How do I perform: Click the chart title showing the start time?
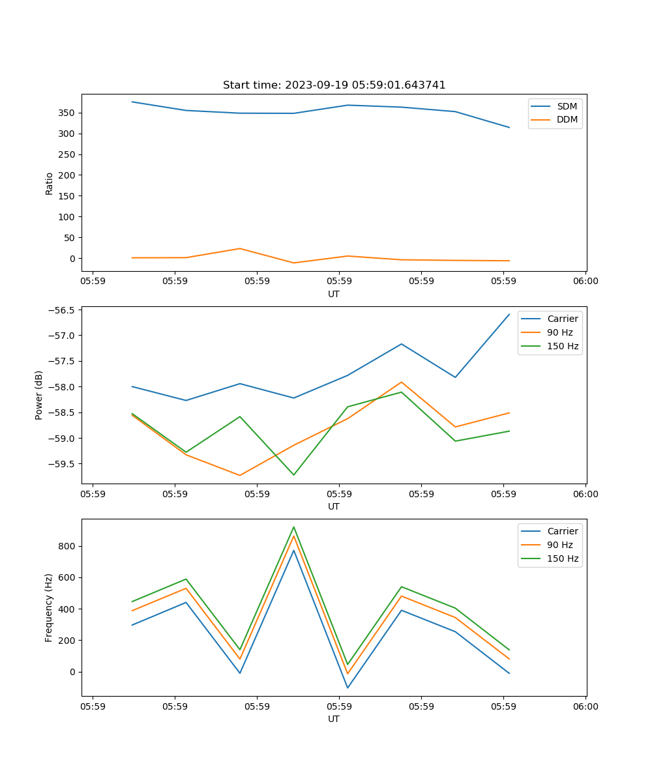pyautogui.click(x=334, y=85)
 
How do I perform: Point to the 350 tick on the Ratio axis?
pyautogui.click(x=67, y=113)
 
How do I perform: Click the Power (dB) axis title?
pyautogui.click(x=39, y=395)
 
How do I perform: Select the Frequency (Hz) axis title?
pyautogui.click(x=49, y=607)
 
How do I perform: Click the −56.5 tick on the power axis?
pyautogui.click(x=61, y=310)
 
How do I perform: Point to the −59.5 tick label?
pyautogui.click(x=61, y=464)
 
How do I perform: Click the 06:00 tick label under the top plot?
pyautogui.click(x=585, y=282)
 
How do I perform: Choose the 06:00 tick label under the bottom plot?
pyautogui.click(x=585, y=706)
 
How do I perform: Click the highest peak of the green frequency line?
pyautogui.click(x=293, y=527)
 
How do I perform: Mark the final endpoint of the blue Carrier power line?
pyautogui.click(x=509, y=314)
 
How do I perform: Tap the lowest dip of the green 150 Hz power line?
pyautogui.click(x=293, y=474)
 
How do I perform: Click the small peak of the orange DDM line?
pyautogui.click(x=240, y=248)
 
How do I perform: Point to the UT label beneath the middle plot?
pyautogui.click(x=334, y=506)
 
